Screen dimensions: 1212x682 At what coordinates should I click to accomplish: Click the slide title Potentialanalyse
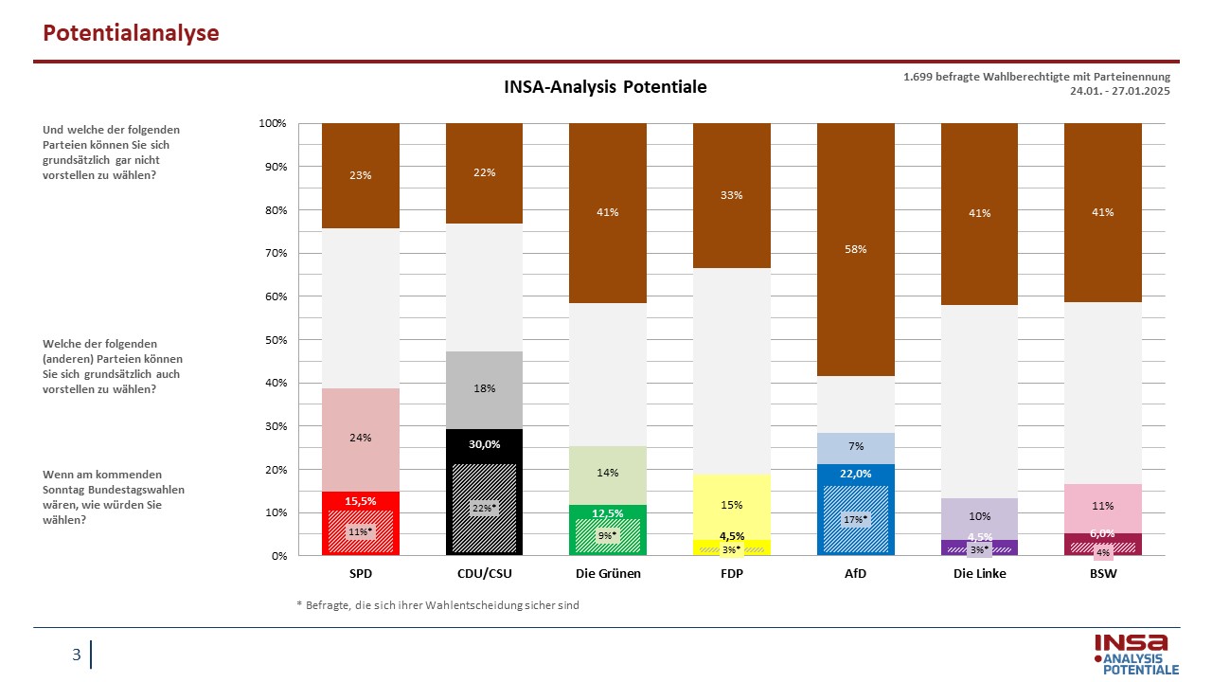131,33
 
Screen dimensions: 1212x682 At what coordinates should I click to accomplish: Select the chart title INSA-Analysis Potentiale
605,86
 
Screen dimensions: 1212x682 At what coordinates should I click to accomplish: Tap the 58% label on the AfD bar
855,249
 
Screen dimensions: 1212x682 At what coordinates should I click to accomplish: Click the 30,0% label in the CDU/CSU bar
484,444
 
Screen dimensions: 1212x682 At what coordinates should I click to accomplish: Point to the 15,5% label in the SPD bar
361,501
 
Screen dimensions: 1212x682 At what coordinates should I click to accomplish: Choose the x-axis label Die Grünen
608,573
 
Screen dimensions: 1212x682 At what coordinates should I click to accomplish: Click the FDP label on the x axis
732,573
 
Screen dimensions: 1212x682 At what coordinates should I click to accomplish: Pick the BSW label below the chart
1103,573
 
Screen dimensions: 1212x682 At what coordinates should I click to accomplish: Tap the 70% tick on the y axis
276,253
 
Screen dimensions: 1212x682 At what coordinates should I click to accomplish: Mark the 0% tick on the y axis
278,556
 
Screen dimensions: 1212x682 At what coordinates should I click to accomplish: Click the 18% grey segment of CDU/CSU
484,390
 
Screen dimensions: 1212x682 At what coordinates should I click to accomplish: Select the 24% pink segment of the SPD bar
361,440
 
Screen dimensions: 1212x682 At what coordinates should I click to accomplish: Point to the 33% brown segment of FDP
732,195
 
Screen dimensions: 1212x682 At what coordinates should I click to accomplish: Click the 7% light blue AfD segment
855,448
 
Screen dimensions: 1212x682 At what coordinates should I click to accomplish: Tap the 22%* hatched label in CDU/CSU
484,509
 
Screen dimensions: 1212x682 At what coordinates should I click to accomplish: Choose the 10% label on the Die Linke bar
979,516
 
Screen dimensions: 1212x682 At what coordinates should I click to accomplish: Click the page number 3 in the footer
77,655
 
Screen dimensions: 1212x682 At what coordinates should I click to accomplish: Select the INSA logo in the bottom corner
1135,655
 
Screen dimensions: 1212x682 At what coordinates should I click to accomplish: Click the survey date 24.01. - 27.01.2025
1119,91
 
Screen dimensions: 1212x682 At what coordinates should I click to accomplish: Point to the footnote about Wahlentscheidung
437,605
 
